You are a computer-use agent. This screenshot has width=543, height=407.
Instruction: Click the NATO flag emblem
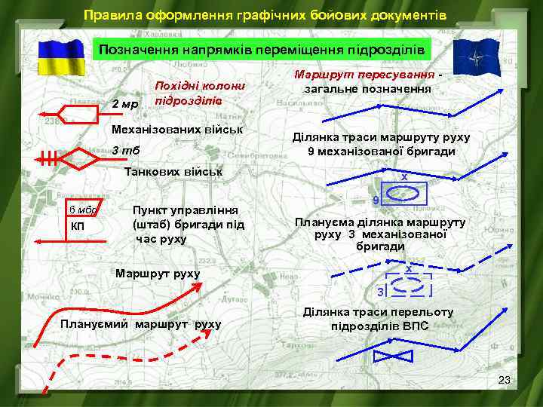tap(477, 57)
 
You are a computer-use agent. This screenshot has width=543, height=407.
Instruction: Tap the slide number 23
tap(505, 380)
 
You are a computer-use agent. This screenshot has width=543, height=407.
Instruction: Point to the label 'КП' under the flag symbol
tap(78, 226)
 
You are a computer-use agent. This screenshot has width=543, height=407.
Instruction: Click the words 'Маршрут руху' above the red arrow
tap(158, 274)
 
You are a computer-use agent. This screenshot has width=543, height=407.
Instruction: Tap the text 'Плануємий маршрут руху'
tap(140, 325)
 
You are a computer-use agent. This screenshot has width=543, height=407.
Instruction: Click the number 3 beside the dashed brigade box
tap(380, 291)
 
